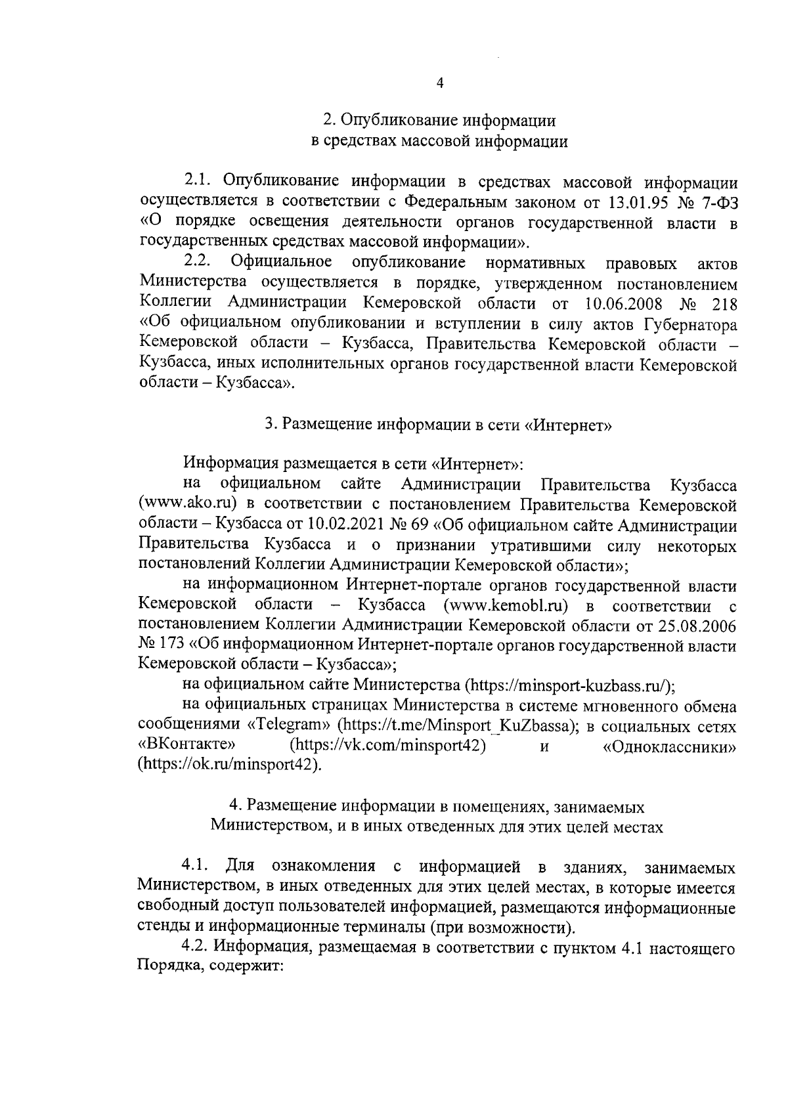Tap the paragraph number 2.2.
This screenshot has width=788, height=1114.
tap(196, 262)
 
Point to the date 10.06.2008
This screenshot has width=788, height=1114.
tap(623, 304)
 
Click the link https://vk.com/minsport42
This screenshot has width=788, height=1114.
tap(387, 746)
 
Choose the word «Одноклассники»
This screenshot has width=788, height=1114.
tap(669, 746)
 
